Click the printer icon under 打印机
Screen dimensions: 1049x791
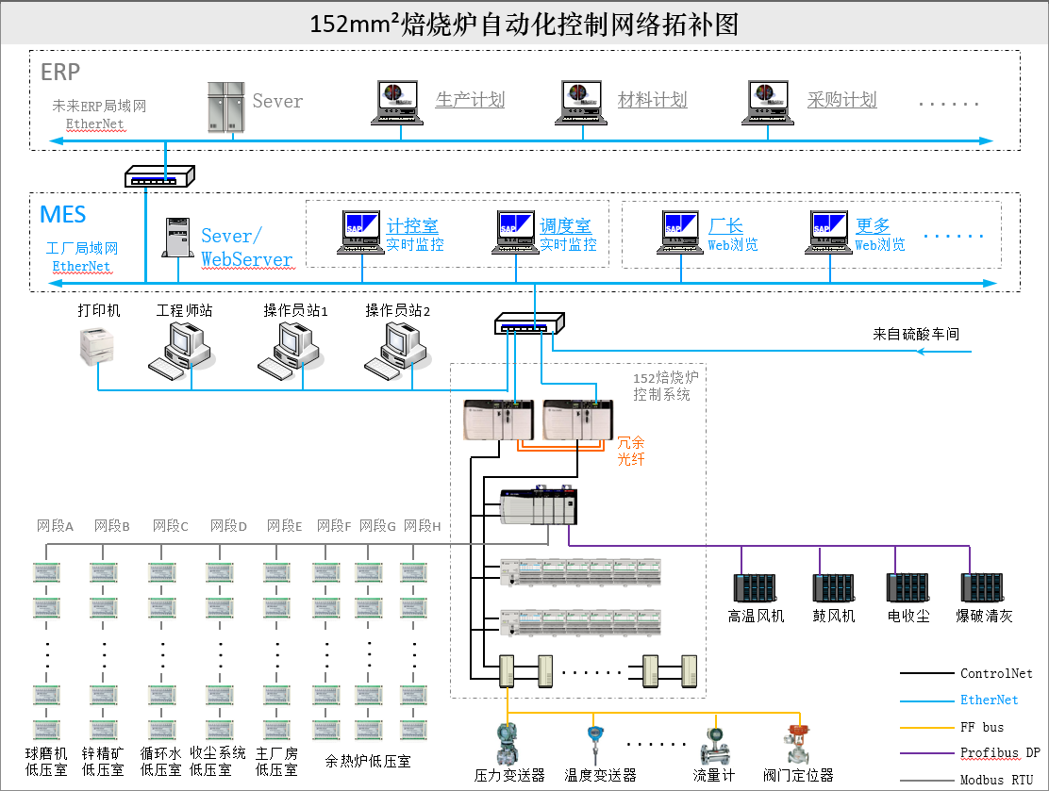(97, 346)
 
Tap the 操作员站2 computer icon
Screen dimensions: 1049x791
(396, 351)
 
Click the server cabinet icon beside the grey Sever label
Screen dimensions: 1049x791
(226, 107)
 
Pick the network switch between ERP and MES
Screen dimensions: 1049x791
(159, 176)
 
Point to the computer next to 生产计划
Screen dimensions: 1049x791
(397, 103)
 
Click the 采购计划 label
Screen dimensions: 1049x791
(841, 100)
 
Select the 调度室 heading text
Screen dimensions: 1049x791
(565, 225)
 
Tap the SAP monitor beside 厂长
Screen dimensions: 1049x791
(680, 232)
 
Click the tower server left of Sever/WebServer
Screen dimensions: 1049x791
(178, 238)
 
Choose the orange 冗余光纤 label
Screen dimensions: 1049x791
(630, 451)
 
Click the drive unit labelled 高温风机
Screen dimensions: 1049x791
(756, 588)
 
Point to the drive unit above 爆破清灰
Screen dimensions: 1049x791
(983, 588)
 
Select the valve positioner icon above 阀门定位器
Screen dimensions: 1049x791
(797, 744)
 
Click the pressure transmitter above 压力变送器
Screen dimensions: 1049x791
(508, 744)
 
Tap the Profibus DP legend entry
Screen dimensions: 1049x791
(1000, 753)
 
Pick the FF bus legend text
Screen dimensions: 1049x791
(982, 727)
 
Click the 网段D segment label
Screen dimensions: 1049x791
(229, 526)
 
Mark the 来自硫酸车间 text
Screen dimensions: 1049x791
(916, 334)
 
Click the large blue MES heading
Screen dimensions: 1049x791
(63, 215)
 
